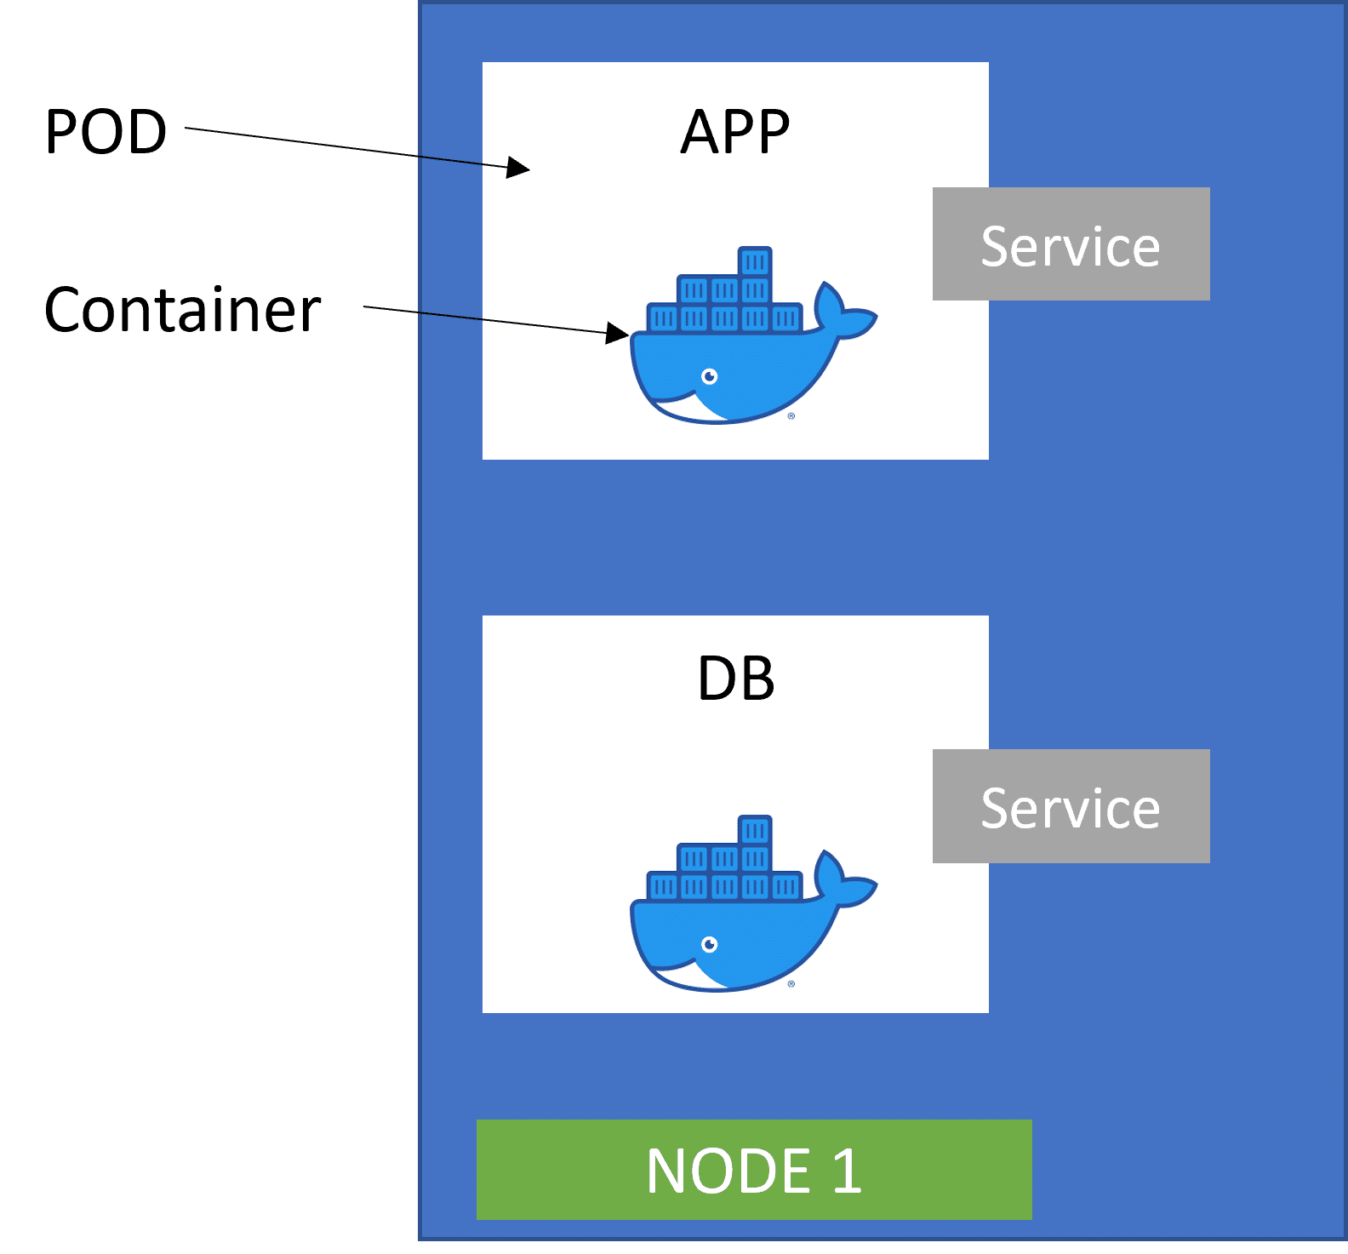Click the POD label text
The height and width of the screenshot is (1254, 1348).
point(106,132)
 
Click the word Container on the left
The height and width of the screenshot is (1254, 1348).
point(182,310)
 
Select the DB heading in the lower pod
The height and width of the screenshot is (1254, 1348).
point(735,679)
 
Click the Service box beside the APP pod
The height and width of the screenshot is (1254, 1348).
point(1071,244)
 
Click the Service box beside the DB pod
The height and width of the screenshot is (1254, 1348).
point(1071,806)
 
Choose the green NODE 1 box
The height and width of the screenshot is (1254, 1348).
point(754,1170)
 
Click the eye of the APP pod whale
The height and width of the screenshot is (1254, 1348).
point(709,376)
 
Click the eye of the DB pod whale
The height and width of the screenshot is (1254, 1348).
point(709,944)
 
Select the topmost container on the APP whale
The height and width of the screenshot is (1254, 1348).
point(755,261)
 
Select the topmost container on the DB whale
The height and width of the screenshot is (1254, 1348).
point(755,829)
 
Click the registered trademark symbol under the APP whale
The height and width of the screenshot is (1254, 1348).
point(791,416)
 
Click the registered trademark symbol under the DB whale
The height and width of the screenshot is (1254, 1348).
point(791,984)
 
